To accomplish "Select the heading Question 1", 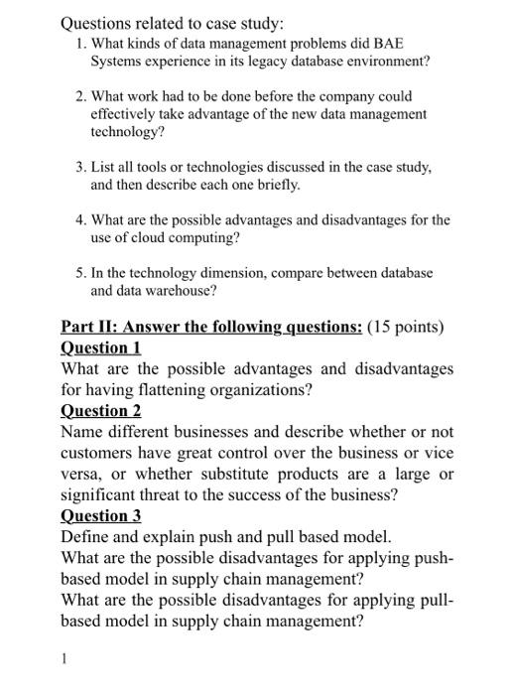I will pyautogui.click(x=100, y=347).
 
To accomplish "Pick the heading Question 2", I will pyautogui.click(x=100, y=411).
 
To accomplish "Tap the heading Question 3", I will pyautogui.click(x=100, y=515).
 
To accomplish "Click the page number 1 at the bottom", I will pyautogui.click(x=64, y=657).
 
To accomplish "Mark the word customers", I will pyautogui.click(x=97, y=453).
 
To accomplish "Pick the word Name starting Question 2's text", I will pyautogui.click(x=83, y=432).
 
